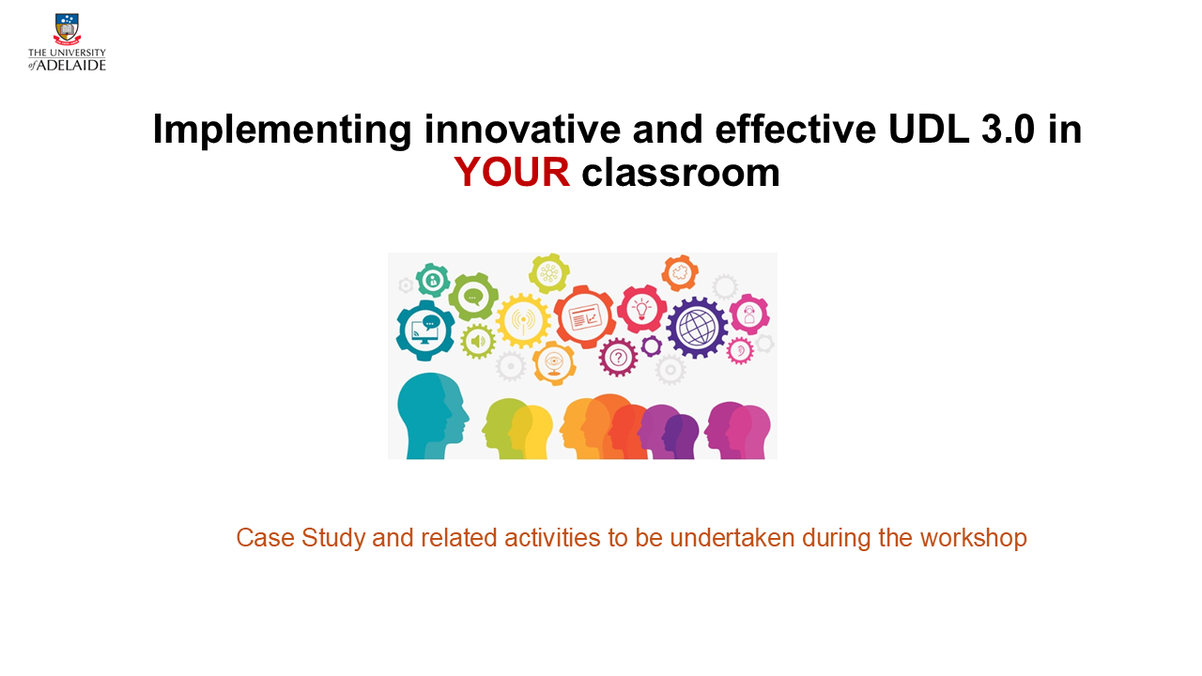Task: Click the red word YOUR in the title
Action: pyautogui.click(x=512, y=172)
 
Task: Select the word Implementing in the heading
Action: pyautogui.click(x=283, y=131)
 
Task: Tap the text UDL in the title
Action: pyautogui.click(x=929, y=130)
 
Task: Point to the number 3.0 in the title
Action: pyautogui.click(x=1009, y=130)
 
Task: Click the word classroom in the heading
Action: pyautogui.click(x=681, y=172)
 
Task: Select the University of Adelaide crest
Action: pyautogui.click(x=67, y=29)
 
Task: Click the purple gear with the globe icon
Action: pyautogui.click(x=697, y=328)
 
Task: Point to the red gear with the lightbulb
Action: pyautogui.click(x=641, y=310)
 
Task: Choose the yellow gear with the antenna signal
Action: pyautogui.click(x=523, y=320)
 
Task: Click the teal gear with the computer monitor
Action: pyautogui.click(x=425, y=330)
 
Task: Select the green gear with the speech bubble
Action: pyautogui.click(x=473, y=297)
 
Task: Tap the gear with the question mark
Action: pyautogui.click(x=618, y=358)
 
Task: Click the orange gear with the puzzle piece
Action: pyautogui.click(x=680, y=273)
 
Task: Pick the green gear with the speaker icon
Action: pyautogui.click(x=478, y=341)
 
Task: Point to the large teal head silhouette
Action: pyautogui.click(x=433, y=416)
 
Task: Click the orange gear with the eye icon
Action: pyautogui.click(x=554, y=363)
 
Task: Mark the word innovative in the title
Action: pyautogui.click(x=522, y=130)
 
